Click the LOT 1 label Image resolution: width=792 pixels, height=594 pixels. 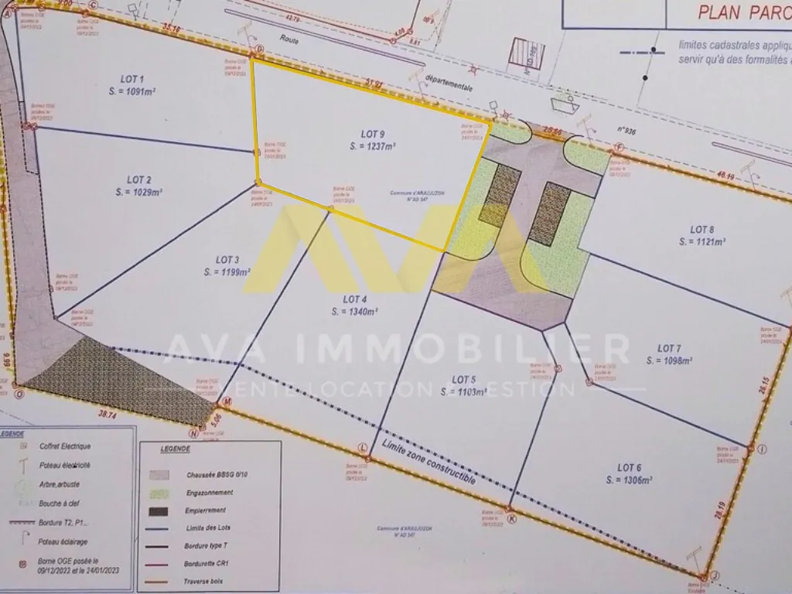132,79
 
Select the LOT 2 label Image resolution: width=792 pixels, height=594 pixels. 138,179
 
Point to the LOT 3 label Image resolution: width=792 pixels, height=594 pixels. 227,260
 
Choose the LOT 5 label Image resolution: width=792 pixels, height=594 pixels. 463,380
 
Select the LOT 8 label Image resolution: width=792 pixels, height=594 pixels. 702,229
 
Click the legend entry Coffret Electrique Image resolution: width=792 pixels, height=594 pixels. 65,446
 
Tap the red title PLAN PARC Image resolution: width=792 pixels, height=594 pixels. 743,12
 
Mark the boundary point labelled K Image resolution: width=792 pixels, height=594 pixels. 511,519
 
